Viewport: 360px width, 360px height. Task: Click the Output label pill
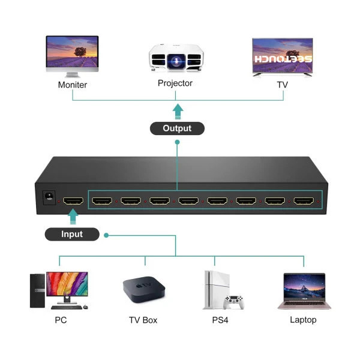point(177,128)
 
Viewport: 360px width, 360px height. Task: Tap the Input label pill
point(72,234)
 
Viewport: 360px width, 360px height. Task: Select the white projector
point(176,58)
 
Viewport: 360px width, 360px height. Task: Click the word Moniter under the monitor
point(73,85)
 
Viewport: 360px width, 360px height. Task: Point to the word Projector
point(175,83)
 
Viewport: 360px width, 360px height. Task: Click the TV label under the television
point(282,85)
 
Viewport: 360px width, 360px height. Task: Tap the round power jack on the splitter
point(49,196)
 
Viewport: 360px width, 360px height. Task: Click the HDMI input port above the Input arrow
point(73,201)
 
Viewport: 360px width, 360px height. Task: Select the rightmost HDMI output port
point(304,201)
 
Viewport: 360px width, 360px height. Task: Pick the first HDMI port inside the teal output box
point(102,201)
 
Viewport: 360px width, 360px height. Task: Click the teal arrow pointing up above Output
point(178,112)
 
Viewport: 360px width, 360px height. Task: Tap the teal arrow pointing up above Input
point(73,216)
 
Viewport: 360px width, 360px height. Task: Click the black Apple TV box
point(144,290)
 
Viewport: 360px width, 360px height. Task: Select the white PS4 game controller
point(234,302)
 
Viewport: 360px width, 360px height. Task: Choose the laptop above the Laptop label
point(304,291)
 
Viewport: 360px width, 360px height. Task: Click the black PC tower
point(37,290)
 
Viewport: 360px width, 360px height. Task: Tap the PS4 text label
point(220,320)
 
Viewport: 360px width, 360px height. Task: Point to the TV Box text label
point(143,320)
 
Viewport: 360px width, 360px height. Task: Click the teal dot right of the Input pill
point(106,235)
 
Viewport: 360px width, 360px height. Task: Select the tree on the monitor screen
point(80,52)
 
